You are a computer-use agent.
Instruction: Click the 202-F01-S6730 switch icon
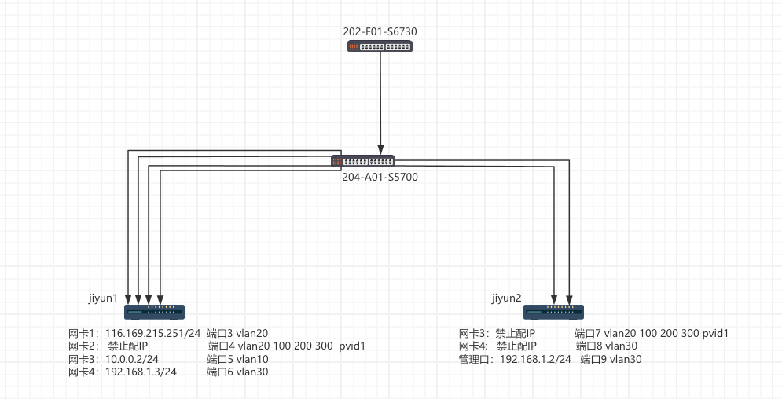[x=380, y=46]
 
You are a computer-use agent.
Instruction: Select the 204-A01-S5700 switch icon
[x=362, y=161]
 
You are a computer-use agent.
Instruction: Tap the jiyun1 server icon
[x=154, y=313]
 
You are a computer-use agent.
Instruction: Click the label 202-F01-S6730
[x=380, y=31]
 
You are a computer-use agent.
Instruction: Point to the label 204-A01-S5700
[x=380, y=177]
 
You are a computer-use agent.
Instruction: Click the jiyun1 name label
[x=104, y=298]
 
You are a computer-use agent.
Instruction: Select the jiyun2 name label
[x=507, y=298]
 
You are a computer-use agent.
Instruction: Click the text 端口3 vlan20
[x=237, y=333]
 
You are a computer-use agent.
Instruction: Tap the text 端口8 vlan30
[x=606, y=346]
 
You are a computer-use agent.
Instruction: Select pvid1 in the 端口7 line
[x=714, y=333]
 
